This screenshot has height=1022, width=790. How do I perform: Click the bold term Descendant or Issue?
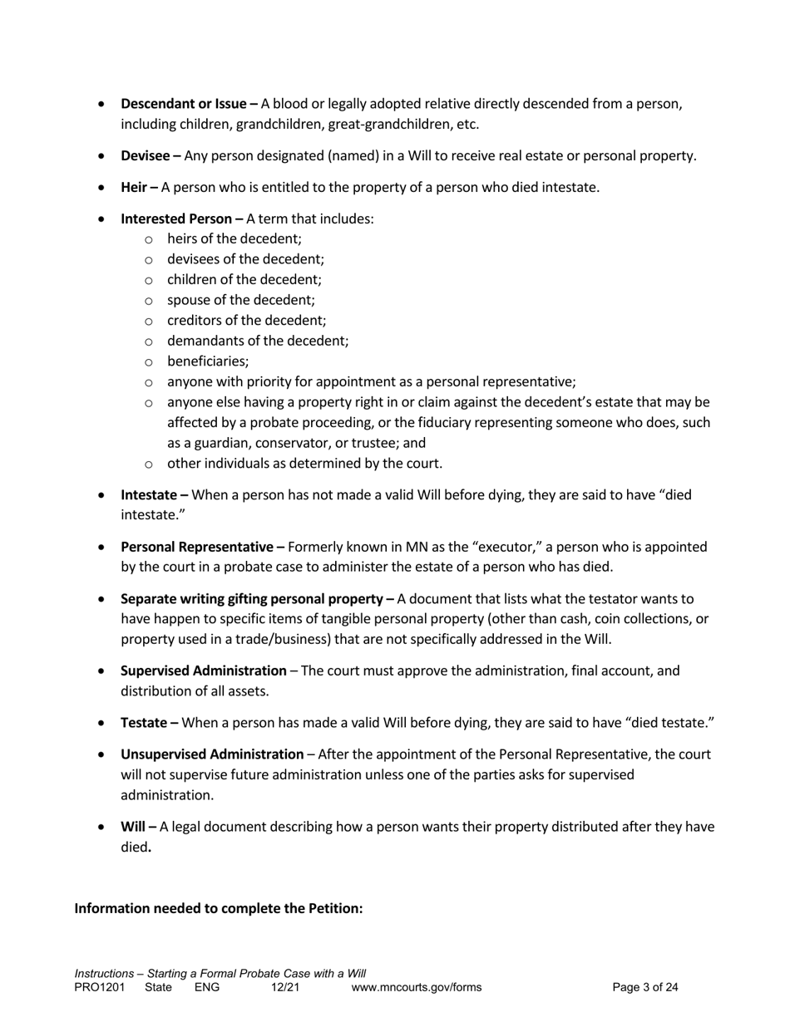click(x=184, y=104)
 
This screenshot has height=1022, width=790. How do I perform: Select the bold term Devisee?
click(x=146, y=155)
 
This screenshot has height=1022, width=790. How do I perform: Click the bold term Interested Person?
click(x=176, y=219)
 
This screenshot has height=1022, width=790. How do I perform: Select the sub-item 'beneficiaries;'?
click(x=208, y=361)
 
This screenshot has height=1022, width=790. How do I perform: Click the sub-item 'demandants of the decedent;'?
click(x=258, y=341)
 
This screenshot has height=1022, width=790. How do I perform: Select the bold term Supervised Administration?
click(x=204, y=671)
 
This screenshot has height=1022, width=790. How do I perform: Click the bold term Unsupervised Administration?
click(x=212, y=754)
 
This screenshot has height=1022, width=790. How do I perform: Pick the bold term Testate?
click(x=144, y=723)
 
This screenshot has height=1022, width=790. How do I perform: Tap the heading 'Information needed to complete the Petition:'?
click(x=219, y=908)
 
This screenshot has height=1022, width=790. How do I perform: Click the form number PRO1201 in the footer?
click(x=99, y=988)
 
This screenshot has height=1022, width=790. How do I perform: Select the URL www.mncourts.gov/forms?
click(x=417, y=988)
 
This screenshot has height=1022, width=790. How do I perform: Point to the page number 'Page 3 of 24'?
click(x=645, y=988)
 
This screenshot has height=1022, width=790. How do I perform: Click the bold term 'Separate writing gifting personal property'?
click(x=254, y=599)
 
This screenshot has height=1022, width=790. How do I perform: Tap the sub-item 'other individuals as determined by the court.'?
click(x=304, y=464)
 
